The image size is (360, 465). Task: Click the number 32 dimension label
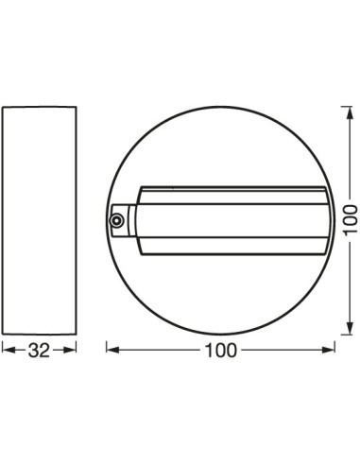39,351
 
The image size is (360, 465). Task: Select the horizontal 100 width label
218,351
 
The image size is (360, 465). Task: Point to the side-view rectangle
39,218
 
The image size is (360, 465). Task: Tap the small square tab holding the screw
118,219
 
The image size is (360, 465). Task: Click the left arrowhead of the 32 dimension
6,351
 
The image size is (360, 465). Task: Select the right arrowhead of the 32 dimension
72,351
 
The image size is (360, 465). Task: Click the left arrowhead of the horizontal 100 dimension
108,351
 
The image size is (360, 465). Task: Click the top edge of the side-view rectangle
39,107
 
